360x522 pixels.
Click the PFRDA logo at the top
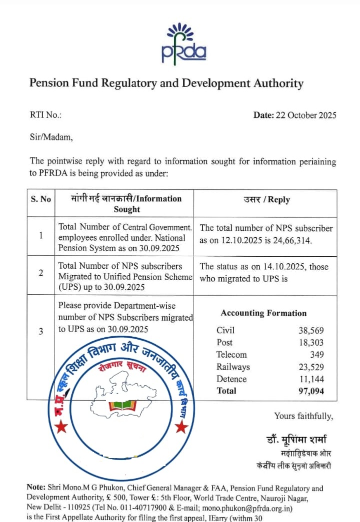tap(183, 43)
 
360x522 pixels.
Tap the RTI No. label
tap(45, 115)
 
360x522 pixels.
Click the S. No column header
tap(41, 199)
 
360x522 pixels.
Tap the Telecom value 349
tap(316, 355)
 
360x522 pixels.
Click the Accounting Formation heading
tap(263, 313)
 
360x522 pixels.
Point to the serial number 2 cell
tap(41, 273)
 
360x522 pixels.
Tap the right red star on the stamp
tap(182, 427)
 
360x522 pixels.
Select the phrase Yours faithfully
tap(303, 416)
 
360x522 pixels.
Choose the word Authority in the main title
tap(274, 83)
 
